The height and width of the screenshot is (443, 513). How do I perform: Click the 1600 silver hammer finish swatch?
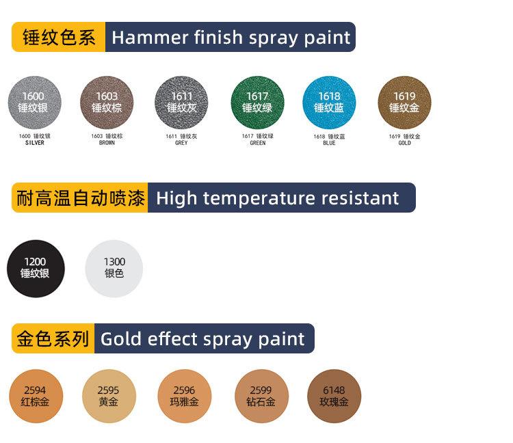(x=35, y=103)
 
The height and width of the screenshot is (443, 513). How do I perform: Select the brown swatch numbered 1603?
(x=107, y=103)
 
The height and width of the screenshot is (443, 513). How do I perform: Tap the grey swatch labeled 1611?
(x=181, y=103)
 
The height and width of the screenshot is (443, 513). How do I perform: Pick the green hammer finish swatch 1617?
(x=257, y=103)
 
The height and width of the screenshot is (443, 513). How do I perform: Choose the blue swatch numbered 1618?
(x=329, y=103)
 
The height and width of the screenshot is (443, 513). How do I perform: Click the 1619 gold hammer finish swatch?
(x=404, y=103)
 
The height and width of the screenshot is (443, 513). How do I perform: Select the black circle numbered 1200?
(x=36, y=269)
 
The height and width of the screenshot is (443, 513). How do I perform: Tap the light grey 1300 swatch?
(x=114, y=269)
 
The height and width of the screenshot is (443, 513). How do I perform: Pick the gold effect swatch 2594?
(x=36, y=396)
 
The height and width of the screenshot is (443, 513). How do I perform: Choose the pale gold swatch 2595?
(x=109, y=396)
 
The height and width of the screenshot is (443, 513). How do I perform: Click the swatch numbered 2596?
(x=185, y=396)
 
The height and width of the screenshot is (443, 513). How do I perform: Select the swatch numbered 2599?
(x=262, y=396)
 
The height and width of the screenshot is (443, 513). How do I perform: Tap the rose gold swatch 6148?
(x=334, y=396)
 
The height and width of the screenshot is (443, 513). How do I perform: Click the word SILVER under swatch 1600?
(x=35, y=143)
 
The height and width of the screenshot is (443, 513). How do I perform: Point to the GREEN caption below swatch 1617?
(x=258, y=143)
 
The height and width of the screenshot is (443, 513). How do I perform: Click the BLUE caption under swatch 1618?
(x=329, y=143)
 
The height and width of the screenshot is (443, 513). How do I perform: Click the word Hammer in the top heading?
(x=150, y=38)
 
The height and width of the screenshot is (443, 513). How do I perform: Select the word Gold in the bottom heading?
(x=121, y=338)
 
